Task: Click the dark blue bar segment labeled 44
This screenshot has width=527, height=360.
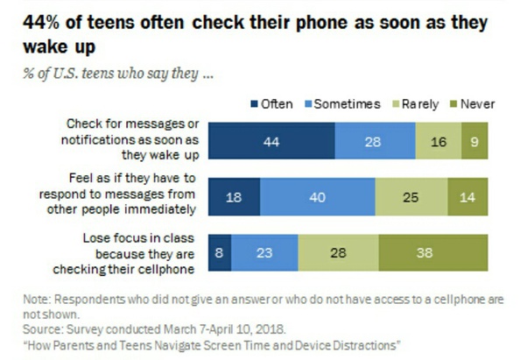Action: click(x=271, y=142)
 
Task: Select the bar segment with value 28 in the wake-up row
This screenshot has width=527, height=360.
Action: click(x=374, y=142)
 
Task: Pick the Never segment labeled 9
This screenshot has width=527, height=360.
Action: click(x=474, y=142)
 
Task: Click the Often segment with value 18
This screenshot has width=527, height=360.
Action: click(x=234, y=197)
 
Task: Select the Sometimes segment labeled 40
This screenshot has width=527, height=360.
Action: click(x=317, y=197)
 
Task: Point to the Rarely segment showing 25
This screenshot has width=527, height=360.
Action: click(x=411, y=197)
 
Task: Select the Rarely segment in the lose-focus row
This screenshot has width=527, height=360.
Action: click(x=338, y=252)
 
